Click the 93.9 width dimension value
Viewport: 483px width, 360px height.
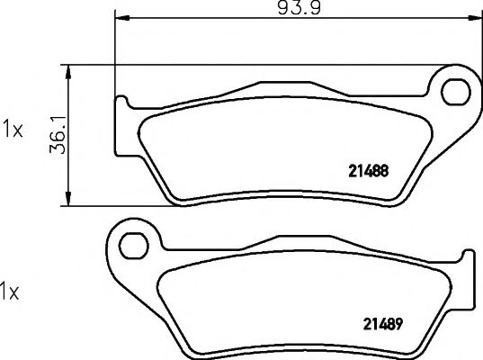coord(300,8)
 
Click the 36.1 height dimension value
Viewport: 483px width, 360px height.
coord(58,135)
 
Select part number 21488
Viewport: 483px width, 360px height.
coord(369,171)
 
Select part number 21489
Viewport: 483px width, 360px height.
coord(383,324)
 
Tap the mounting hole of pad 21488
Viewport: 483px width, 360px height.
coord(456,92)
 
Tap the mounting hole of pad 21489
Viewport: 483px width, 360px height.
coord(134,246)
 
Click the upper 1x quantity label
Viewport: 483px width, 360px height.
coord(13,130)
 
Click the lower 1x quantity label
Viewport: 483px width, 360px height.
coord(9,292)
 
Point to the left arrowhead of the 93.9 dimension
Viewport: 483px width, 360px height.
coord(121,18)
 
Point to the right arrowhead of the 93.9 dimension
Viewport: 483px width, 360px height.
coord(474,18)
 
